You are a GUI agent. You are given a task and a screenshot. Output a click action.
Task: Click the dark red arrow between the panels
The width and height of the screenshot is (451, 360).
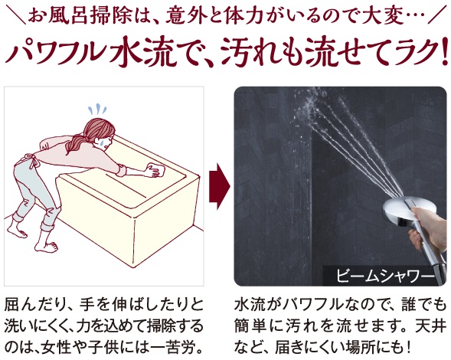tap(220, 186)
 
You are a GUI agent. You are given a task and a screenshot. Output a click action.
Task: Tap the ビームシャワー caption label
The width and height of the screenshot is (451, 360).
tap(385, 276)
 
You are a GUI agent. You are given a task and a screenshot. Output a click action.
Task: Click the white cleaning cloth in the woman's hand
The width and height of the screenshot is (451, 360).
tap(155, 170)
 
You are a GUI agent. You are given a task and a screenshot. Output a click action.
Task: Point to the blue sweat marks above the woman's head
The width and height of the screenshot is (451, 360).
tap(97, 109)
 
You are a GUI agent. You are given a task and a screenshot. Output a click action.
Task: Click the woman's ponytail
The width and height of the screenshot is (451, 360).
tap(75, 144)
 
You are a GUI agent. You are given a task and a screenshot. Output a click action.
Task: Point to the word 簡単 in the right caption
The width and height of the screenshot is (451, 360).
tap(250, 326)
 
